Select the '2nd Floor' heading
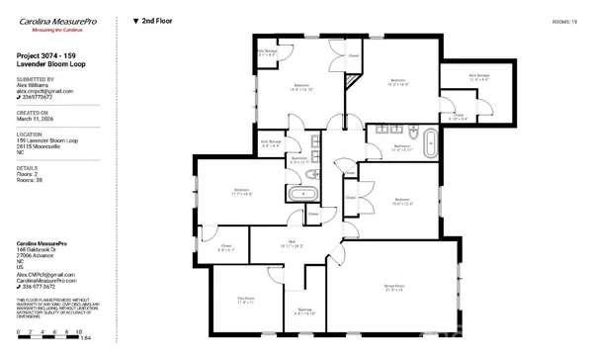[x=153, y=20]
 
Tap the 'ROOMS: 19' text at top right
[x=565, y=20]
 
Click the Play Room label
[x=246, y=300]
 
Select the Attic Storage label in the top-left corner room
[x=267, y=52]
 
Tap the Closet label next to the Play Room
[x=225, y=248]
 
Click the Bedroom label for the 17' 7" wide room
[x=242, y=192]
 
